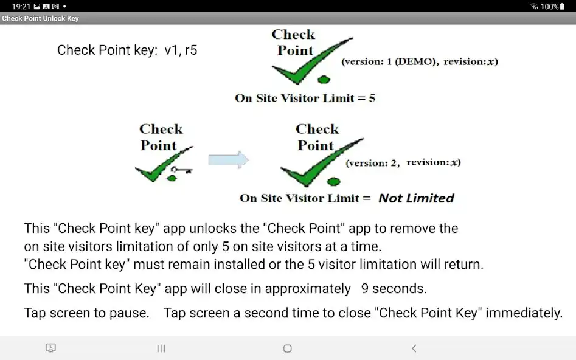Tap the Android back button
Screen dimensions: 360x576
(414, 348)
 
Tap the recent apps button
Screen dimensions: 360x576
(161, 348)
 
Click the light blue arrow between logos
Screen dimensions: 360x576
(228, 160)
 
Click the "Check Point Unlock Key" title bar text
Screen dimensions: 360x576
(41, 19)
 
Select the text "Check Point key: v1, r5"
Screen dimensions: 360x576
(127, 50)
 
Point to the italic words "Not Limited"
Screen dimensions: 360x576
(416, 198)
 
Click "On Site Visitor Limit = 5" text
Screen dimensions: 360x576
(305, 98)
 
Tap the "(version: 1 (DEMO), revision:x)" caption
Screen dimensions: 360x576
(419, 61)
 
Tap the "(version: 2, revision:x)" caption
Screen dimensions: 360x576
(403, 163)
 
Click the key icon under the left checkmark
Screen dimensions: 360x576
(181, 170)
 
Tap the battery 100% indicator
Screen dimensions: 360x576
(549, 6)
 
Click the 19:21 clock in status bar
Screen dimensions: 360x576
(21, 6)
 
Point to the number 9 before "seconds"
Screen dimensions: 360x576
(364, 288)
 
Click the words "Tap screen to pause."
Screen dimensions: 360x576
(86, 313)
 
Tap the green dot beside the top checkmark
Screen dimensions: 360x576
(324, 79)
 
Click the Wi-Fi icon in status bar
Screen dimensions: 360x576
(534, 6)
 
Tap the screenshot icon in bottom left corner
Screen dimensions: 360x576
(51, 348)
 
